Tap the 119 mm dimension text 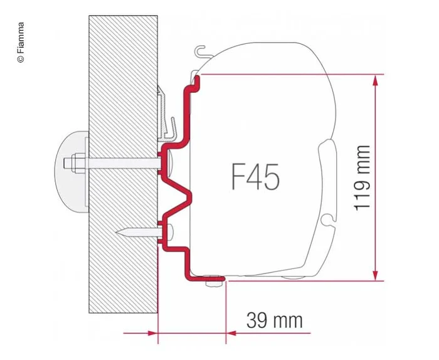[362, 177]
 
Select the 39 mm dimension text [274, 320]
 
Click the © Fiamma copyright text [21, 42]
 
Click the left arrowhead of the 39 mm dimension [152, 332]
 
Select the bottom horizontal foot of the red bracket [204, 276]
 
